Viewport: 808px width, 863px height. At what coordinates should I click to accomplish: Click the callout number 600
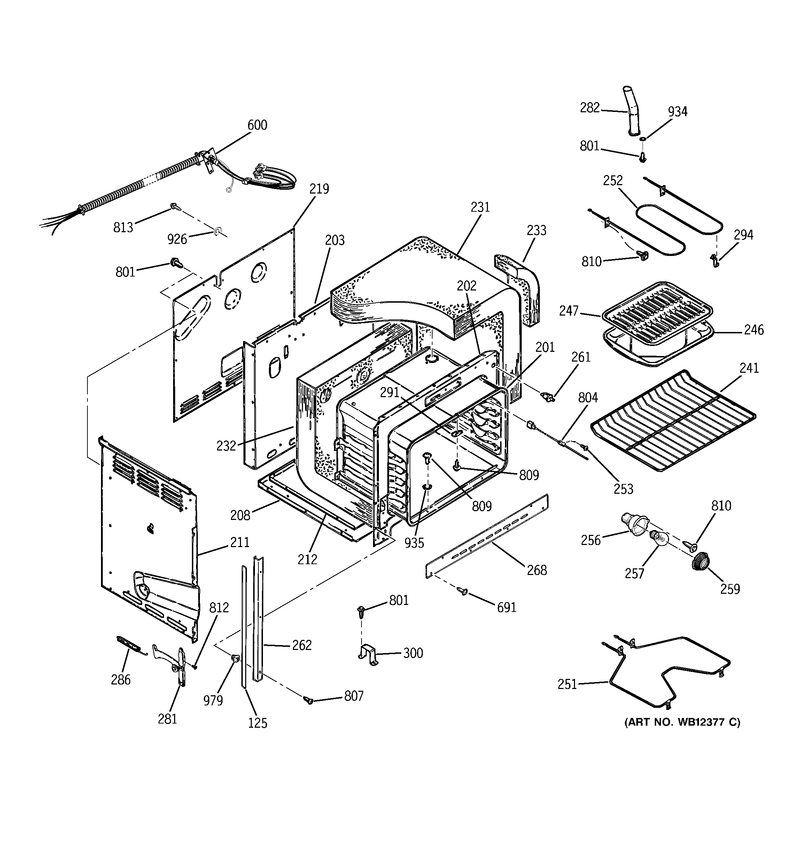pos(257,126)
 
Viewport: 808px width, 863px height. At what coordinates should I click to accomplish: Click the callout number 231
pos(480,207)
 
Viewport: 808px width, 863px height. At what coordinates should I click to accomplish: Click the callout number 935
pos(414,543)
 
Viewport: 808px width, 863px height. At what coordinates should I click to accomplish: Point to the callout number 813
pos(123,227)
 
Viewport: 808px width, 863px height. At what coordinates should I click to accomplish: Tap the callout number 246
pos(754,330)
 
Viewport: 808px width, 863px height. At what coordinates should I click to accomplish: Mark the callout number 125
pos(258,723)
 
